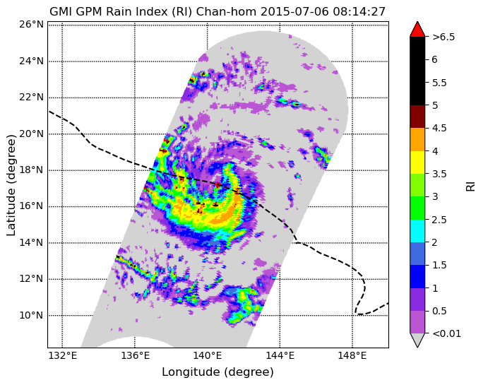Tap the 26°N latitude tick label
coord(31,25)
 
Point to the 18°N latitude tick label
coord(31,170)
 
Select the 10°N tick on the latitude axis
coord(31,315)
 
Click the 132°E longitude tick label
coord(63,356)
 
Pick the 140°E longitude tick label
coord(208,356)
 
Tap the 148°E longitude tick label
coord(352,356)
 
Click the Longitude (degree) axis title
coord(217,372)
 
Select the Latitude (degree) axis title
coord(11,186)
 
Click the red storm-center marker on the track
coord(217,184)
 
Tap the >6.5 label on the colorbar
coord(443,37)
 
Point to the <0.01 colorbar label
coord(447,333)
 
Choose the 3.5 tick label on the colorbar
coord(439,174)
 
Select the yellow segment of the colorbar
coord(417,162)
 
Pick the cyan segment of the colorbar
coord(417,231)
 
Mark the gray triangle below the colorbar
coord(417,340)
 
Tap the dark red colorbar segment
coord(417,117)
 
